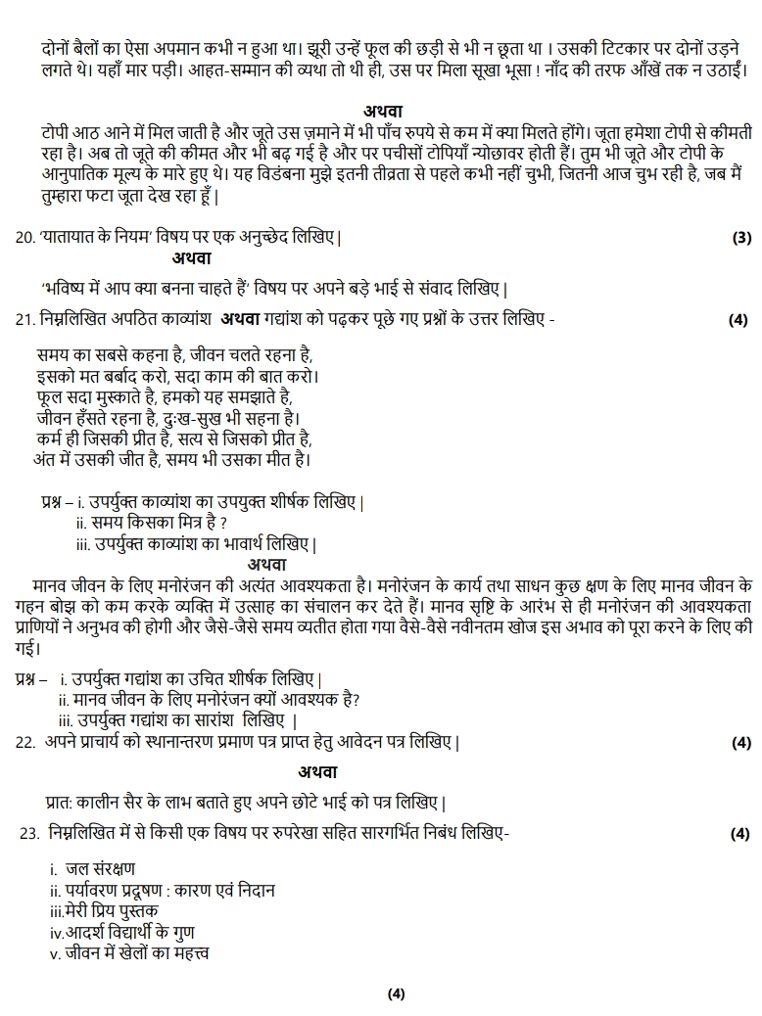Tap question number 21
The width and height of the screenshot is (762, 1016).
coord(24,319)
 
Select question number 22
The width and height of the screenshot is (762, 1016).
coord(25,742)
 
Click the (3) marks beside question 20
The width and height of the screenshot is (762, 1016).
coord(741,239)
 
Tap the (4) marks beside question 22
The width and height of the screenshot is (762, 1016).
coord(741,743)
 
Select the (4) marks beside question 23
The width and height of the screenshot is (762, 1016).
coord(741,834)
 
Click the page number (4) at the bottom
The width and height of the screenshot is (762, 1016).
coord(396,994)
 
